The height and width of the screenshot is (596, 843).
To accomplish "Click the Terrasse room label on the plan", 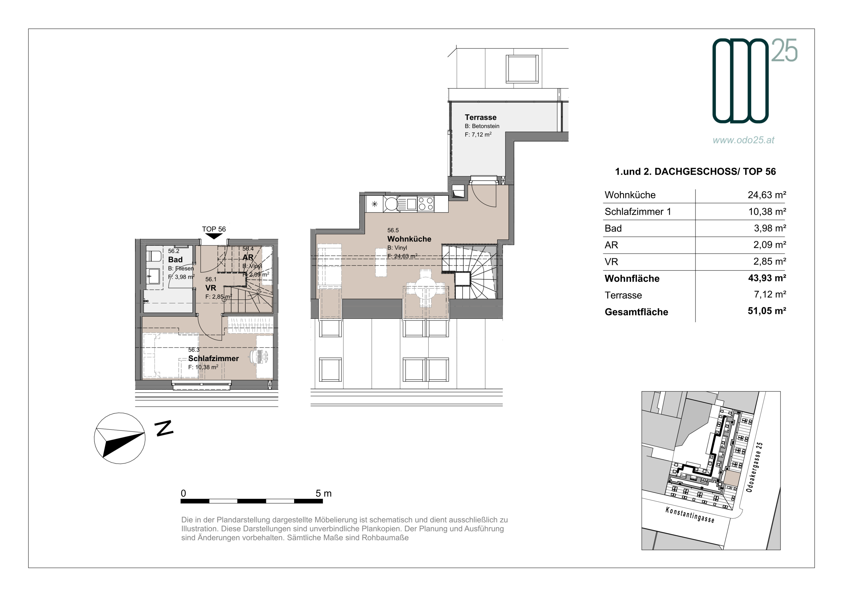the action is [x=480, y=118].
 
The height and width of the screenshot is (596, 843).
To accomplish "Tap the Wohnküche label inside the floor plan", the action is [x=409, y=239].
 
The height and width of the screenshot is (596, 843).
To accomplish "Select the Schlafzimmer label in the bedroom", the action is [x=213, y=359].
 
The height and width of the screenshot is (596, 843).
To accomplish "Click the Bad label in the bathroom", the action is [x=175, y=259].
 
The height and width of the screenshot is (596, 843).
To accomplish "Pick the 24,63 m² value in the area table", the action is [x=767, y=195].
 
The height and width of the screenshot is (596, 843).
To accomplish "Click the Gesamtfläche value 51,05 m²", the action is [x=767, y=311].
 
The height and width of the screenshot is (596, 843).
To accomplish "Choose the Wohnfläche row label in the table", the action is [x=632, y=279].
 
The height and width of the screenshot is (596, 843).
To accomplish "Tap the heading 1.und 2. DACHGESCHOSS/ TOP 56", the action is [x=695, y=172].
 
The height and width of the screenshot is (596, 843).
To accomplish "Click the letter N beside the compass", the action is [x=164, y=428].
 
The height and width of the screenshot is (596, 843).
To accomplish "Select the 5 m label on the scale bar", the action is [x=323, y=494].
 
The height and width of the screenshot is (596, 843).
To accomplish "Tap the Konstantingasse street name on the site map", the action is [x=690, y=515].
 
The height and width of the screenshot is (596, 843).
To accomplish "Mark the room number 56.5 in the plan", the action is [x=393, y=230].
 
